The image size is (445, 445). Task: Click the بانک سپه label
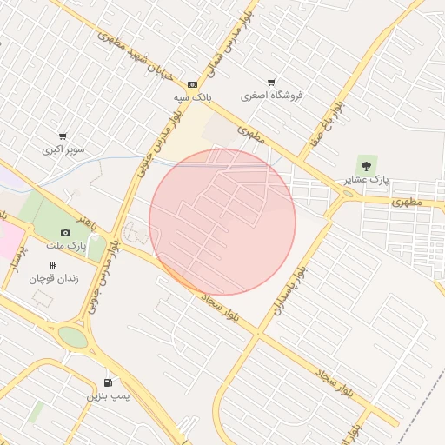point(191,97)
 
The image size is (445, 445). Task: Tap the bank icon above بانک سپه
point(192,85)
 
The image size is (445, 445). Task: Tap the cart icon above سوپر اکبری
point(63,136)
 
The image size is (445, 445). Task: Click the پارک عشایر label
point(368,180)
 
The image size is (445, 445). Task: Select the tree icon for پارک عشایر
point(366,164)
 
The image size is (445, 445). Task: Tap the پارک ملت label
point(67,247)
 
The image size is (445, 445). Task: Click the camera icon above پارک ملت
point(65,233)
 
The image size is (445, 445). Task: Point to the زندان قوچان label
point(54,279)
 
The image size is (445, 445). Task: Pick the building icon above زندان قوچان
point(53,265)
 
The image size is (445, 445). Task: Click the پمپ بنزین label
point(108,396)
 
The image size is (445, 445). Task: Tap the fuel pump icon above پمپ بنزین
point(108,382)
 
